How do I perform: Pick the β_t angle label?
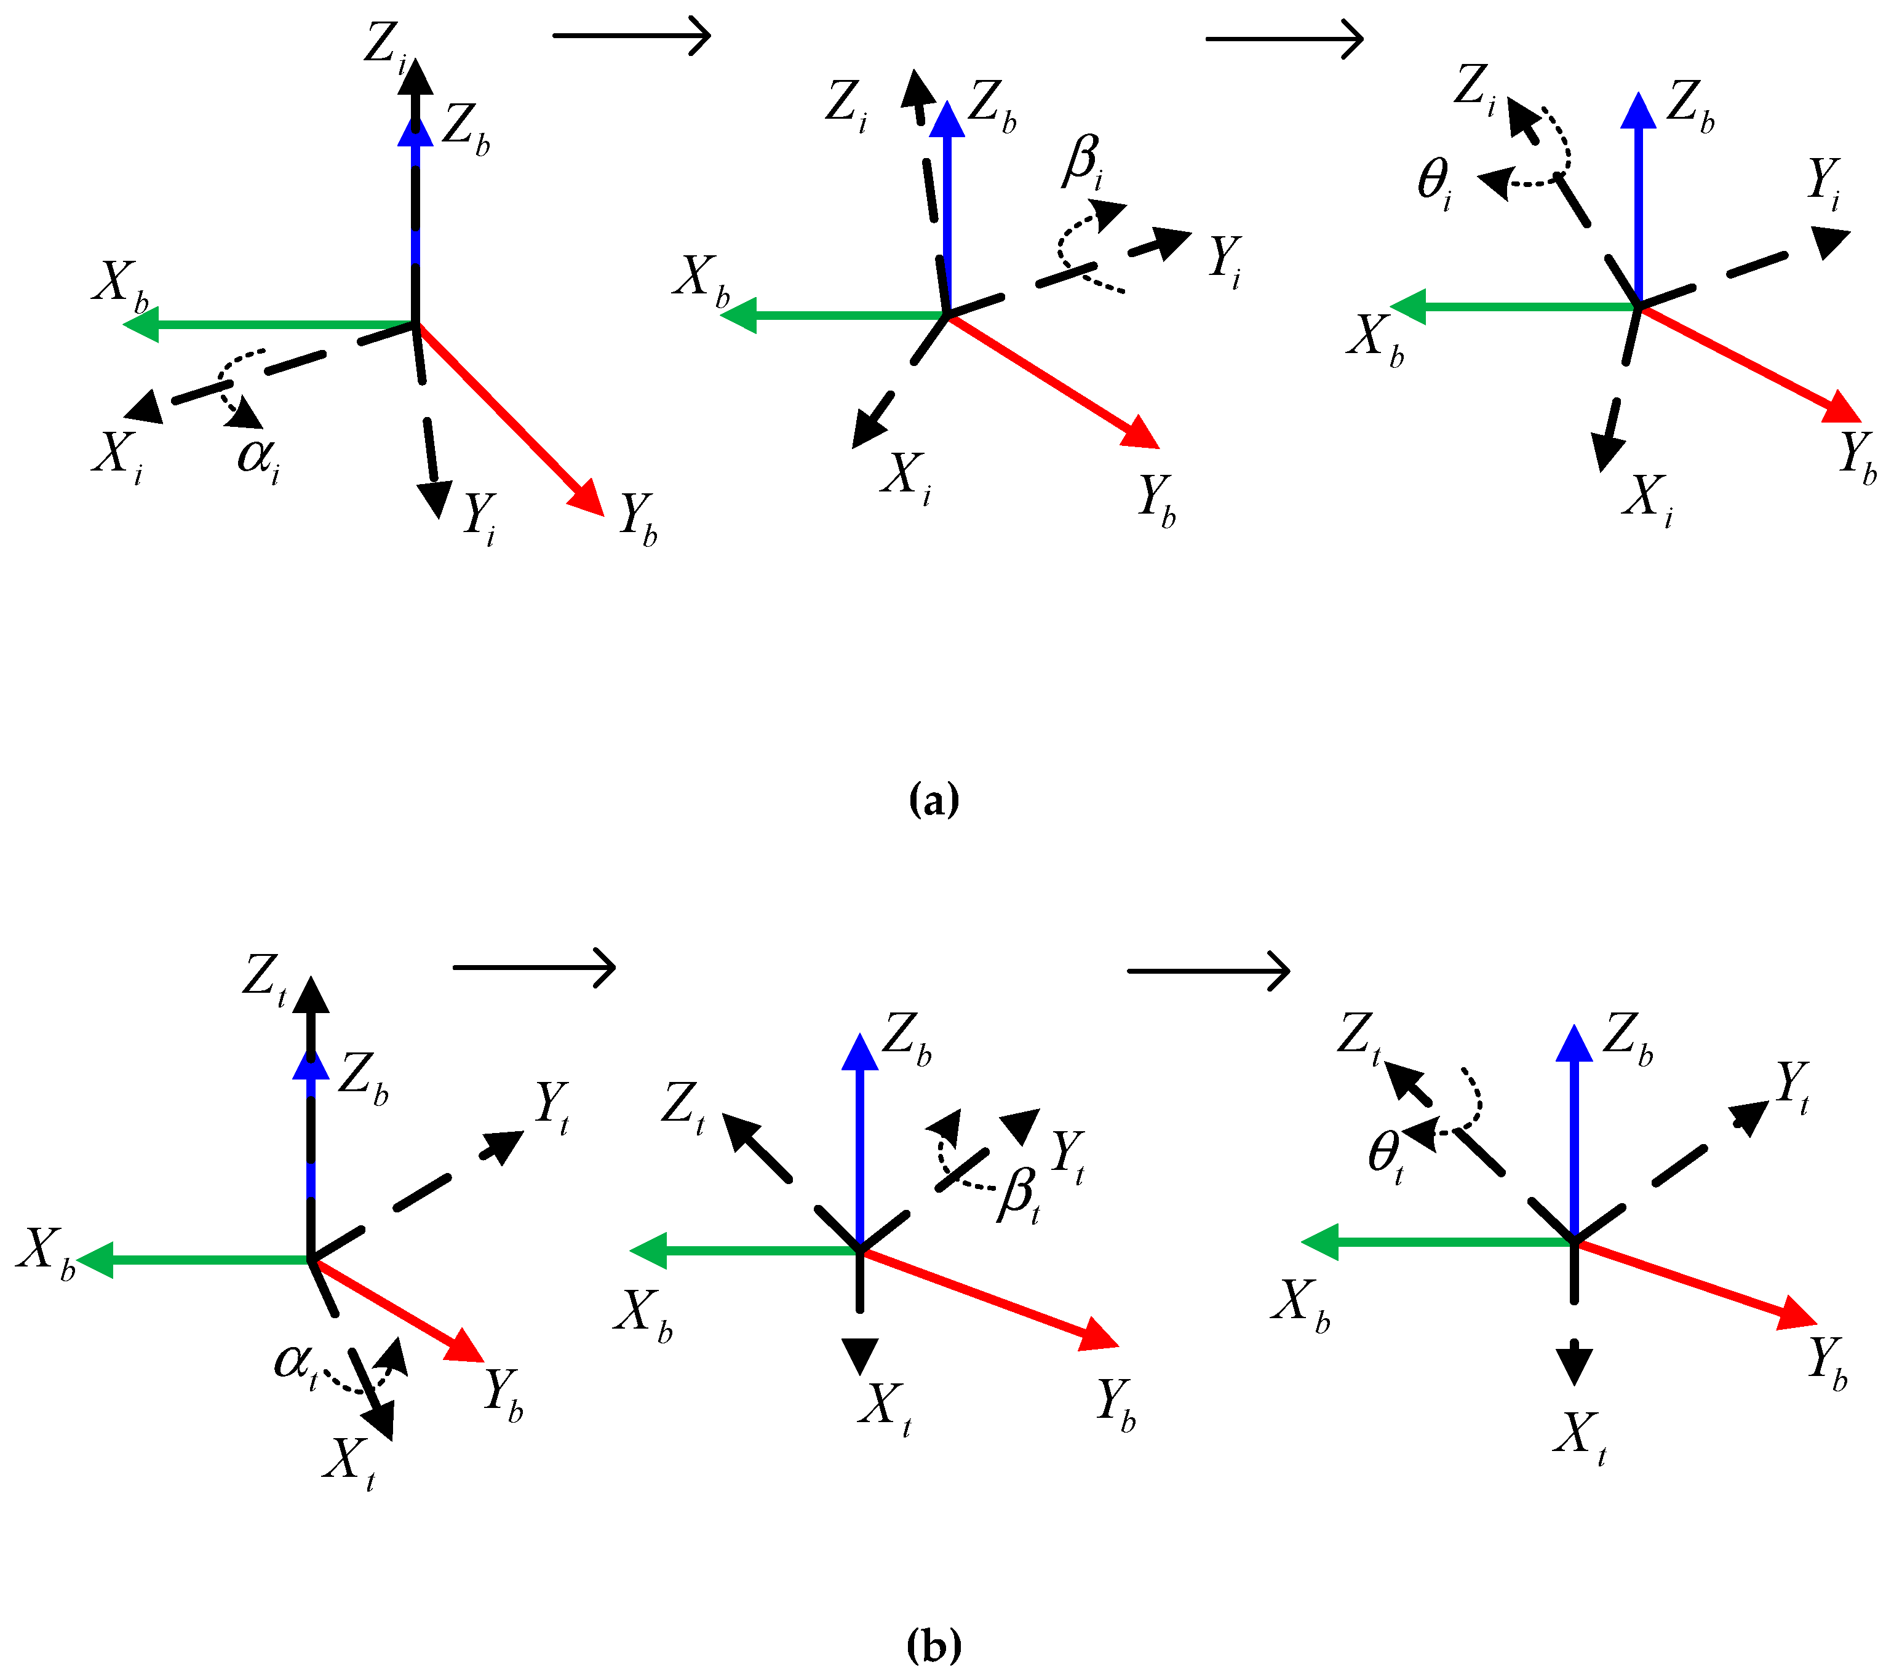(x=1018, y=1195)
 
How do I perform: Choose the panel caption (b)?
(x=934, y=1647)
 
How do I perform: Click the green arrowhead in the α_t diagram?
(x=95, y=1260)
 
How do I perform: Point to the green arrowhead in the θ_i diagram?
(x=1409, y=307)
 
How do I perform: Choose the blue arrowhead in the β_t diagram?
(x=860, y=1052)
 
